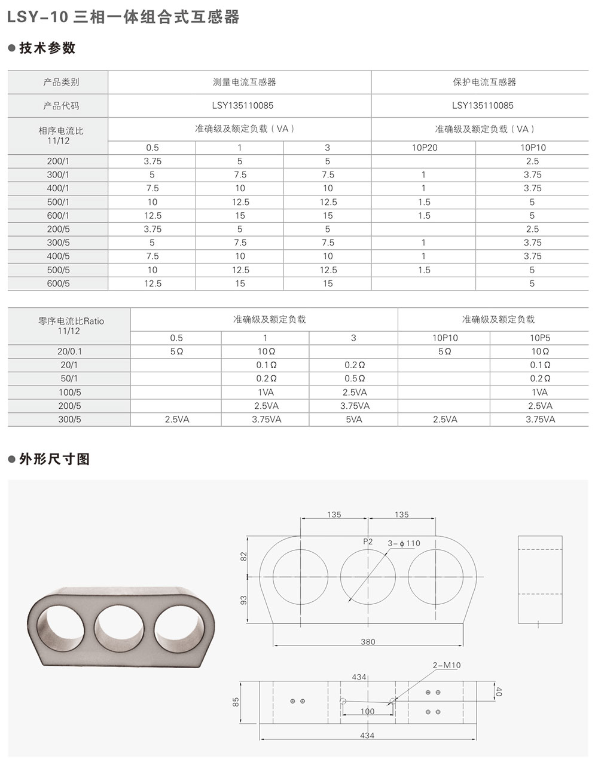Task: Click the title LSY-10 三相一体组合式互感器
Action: (x=123, y=17)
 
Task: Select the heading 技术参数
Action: (x=47, y=48)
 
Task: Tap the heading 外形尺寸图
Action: (x=54, y=459)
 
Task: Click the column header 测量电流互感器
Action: (x=239, y=82)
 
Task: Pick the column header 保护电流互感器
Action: (x=483, y=82)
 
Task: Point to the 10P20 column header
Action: (x=424, y=148)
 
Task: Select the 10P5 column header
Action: (x=540, y=338)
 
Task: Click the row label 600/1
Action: (x=58, y=216)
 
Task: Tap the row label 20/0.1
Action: (x=69, y=351)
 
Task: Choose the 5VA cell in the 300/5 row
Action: (x=353, y=420)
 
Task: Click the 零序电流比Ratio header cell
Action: (x=70, y=325)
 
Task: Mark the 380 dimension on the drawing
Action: (x=368, y=642)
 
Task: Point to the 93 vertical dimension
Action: (x=243, y=600)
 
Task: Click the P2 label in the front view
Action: (x=368, y=541)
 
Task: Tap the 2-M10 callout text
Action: (x=447, y=665)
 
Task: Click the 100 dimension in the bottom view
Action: (x=367, y=711)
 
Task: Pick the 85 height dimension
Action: (x=236, y=701)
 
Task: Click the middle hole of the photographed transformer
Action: (x=120, y=629)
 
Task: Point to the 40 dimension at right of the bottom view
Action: (x=499, y=691)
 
